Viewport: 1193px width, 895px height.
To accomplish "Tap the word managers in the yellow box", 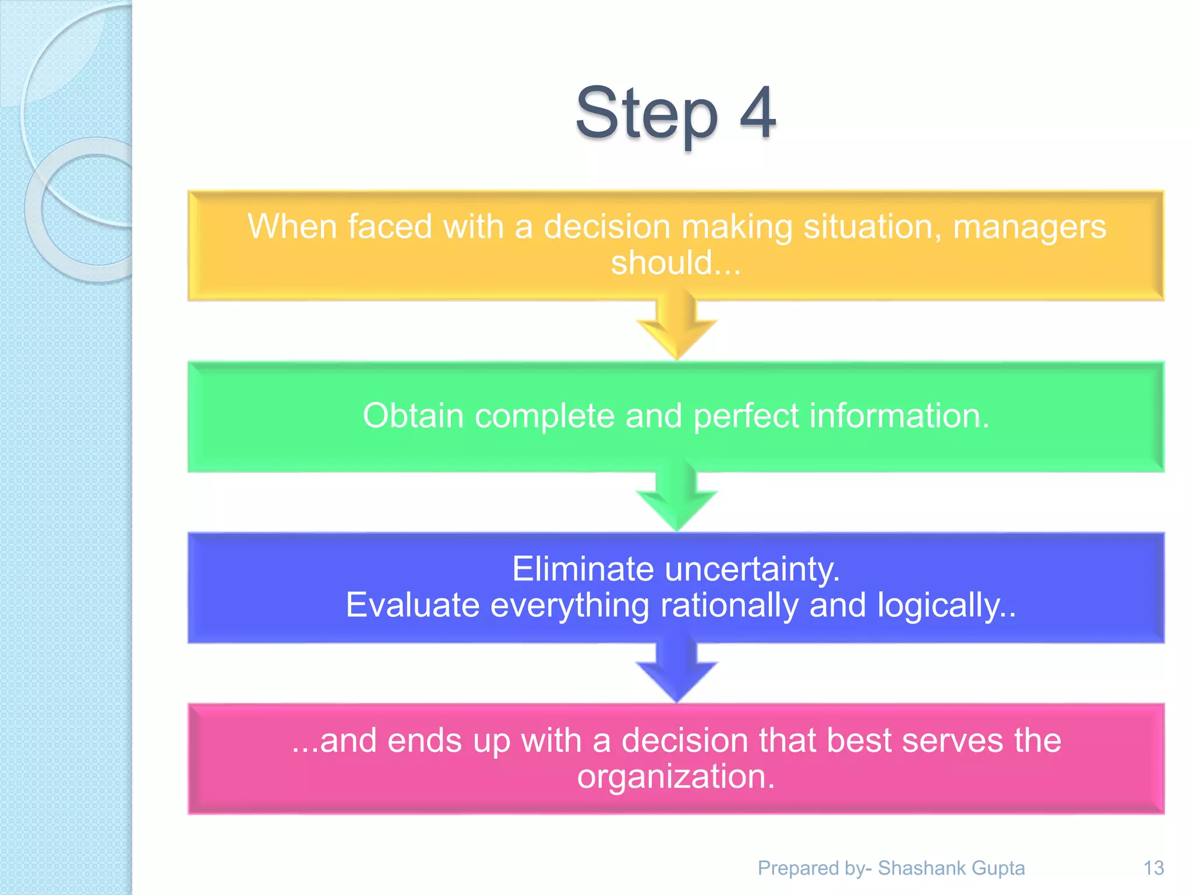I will coord(1029,227).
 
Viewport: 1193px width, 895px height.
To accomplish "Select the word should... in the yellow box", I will coord(676,263).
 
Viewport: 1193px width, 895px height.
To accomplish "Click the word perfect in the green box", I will coord(746,416).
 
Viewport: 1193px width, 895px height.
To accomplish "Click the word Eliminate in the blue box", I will coord(583,569).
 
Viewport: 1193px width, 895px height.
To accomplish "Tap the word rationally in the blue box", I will coord(729,605).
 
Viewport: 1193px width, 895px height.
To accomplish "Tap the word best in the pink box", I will coord(854,741).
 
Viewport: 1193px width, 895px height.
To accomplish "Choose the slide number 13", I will coord(1153,868).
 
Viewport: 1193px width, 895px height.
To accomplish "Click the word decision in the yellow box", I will coord(607,227).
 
